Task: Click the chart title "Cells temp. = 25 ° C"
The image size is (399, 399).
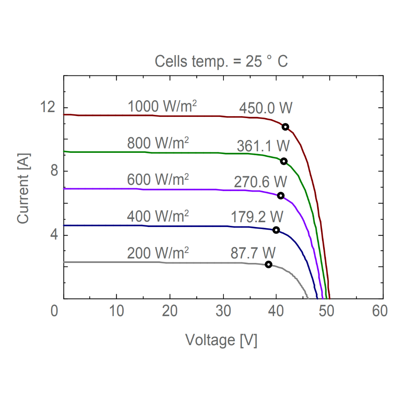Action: pyautogui.click(x=221, y=62)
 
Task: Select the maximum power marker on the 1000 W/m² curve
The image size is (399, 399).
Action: pyautogui.click(x=285, y=127)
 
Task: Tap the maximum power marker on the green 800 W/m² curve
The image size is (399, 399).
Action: pyautogui.click(x=284, y=161)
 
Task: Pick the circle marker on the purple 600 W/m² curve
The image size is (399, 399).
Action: pyautogui.click(x=280, y=196)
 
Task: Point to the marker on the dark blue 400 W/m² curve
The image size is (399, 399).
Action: pyautogui.click(x=276, y=230)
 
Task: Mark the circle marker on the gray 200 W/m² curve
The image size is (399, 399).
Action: pyautogui.click(x=269, y=264)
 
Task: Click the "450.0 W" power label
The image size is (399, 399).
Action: pyautogui.click(x=266, y=108)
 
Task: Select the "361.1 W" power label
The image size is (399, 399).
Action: pyautogui.click(x=263, y=146)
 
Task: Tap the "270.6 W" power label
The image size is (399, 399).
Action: pyautogui.click(x=261, y=182)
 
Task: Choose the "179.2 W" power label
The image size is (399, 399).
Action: pyautogui.click(x=257, y=217)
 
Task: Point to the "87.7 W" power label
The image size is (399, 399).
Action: pyautogui.click(x=253, y=253)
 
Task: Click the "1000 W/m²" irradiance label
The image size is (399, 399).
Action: pyautogui.click(x=162, y=106)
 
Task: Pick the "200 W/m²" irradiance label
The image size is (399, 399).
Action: pyautogui.click(x=158, y=253)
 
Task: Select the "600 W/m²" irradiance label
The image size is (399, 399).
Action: pyautogui.click(x=158, y=180)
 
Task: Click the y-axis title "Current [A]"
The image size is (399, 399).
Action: pyautogui.click(x=23, y=187)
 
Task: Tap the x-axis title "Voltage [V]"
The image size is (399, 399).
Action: pyautogui.click(x=221, y=340)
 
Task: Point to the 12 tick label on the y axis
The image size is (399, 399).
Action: pyautogui.click(x=47, y=108)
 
